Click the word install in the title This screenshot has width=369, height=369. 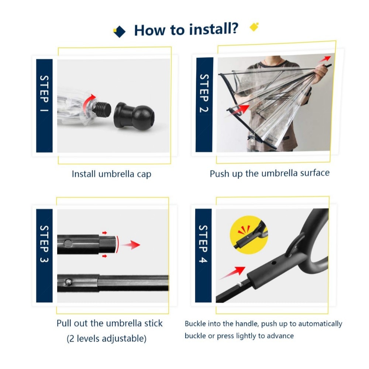point(214,29)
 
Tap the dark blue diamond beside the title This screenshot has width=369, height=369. point(120,31)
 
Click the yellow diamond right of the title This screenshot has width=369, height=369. point(254,27)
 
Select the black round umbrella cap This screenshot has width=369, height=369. point(134,115)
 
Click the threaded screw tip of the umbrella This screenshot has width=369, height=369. point(102,110)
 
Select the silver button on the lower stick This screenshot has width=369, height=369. point(68,282)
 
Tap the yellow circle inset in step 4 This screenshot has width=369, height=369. point(249,235)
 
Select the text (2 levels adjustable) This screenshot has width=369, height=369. point(107,339)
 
